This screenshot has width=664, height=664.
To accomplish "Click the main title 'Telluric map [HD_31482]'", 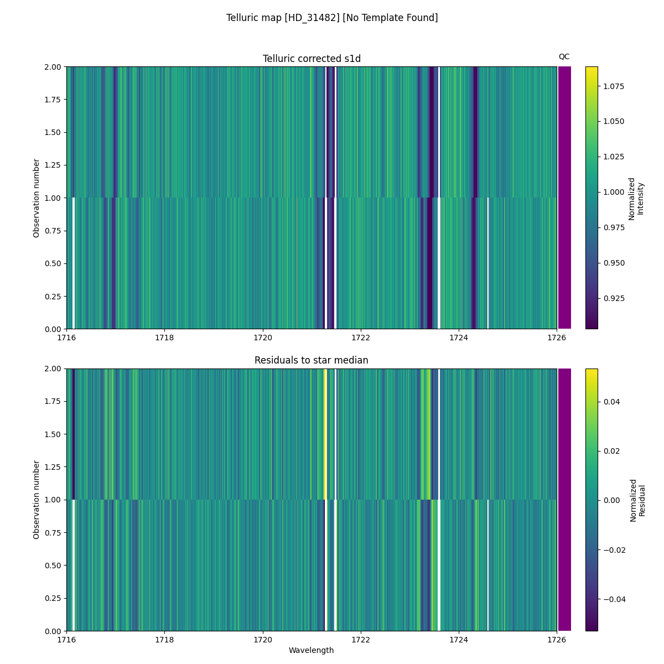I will [331, 18].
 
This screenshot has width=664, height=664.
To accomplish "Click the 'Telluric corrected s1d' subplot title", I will [312, 59].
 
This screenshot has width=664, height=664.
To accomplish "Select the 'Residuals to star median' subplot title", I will [312, 360].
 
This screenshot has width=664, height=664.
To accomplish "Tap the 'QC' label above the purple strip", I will [564, 56].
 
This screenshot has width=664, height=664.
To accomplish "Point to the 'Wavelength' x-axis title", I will [312, 650].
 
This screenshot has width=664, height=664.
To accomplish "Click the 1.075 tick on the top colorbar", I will [613, 86].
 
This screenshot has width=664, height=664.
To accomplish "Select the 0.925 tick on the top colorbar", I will [613, 298].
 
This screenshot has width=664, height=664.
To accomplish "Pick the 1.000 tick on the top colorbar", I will [613, 192].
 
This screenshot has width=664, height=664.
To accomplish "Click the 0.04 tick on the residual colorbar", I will [611, 401].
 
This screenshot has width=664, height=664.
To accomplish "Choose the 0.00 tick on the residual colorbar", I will [611, 500].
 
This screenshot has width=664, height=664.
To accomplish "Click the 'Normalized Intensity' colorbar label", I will [636, 198].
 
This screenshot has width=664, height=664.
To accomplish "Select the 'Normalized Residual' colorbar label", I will [637, 500].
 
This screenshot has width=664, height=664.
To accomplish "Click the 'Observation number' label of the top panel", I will [37, 198].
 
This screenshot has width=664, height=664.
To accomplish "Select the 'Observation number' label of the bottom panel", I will [37, 500].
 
